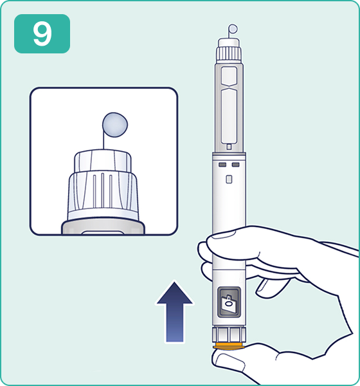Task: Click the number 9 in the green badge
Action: tap(42, 33)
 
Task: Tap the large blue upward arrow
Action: tap(175, 312)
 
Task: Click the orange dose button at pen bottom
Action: tap(229, 346)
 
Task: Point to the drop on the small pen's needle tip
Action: tap(233, 29)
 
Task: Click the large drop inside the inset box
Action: tap(115, 125)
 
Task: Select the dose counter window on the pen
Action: tap(229, 302)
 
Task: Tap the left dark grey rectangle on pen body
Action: tap(222, 165)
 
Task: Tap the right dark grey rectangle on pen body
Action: tap(235, 165)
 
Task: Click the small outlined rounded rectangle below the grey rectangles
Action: tap(229, 179)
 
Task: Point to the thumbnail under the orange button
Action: tap(230, 362)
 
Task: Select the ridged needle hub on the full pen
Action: tap(229, 54)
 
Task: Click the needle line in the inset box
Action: tap(104, 138)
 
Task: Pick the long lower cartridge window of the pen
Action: tap(229, 116)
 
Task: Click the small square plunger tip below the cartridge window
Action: tap(229, 147)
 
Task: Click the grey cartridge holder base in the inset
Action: tap(103, 227)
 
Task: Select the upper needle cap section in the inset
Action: tap(103, 161)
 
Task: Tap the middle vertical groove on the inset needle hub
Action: tap(103, 190)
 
